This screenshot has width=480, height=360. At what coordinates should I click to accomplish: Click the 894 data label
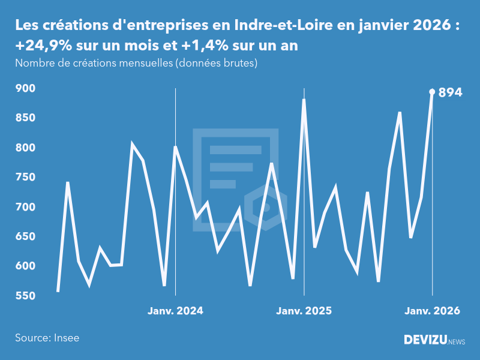[x=450, y=92]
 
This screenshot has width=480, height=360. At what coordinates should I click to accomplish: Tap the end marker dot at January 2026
[x=432, y=92]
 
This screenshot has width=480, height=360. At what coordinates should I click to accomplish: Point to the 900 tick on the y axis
[x=25, y=88]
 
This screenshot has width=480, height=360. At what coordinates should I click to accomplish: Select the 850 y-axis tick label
[x=25, y=118]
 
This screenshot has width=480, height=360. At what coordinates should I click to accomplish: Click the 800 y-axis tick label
[x=25, y=148]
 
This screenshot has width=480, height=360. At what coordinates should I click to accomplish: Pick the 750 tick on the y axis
[x=25, y=178]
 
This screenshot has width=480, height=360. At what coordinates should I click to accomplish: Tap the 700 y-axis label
[x=25, y=207]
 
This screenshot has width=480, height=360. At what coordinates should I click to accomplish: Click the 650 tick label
[x=25, y=236]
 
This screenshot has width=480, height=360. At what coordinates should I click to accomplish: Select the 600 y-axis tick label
[x=25, y=266]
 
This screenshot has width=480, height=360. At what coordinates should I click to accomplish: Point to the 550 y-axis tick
[x=25, y=296]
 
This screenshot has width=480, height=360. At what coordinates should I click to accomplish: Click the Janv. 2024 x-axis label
[x=175, y=311]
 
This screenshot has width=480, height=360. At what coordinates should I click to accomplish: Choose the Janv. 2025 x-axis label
[x=304, y=311]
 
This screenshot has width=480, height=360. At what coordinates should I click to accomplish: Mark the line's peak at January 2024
[x=175, y=147]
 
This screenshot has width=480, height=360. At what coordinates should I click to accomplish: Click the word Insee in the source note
[x=66, y=338]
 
